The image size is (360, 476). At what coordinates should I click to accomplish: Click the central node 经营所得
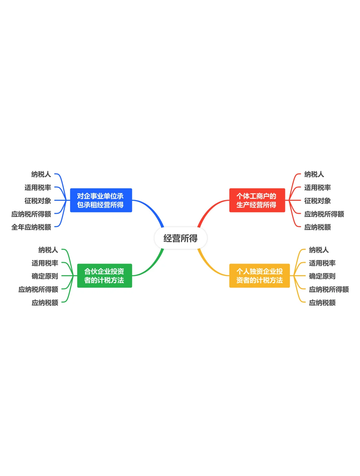(x=180, y=238)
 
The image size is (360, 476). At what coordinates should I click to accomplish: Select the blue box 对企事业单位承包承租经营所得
(x=101, y=200)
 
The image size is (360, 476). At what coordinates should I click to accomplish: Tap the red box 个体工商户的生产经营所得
(x=257, y=200)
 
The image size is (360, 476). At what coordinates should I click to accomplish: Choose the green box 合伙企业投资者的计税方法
(x=104, y=276)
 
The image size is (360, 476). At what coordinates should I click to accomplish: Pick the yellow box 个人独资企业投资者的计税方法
(x=259, y=276)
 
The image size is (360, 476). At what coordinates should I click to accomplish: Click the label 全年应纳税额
(x=31, y=227)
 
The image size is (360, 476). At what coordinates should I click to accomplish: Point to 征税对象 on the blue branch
(x=38, y=201)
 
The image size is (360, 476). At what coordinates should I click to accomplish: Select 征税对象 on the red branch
(x=317, y=201)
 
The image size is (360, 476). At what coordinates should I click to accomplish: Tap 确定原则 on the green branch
(x=45, y=276)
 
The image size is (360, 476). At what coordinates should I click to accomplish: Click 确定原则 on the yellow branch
(x=322, y=276)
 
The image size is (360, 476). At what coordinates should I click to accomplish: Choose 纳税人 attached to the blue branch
(x=41, y=174)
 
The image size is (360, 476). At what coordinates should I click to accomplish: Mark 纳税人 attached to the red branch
(x=314, y=174)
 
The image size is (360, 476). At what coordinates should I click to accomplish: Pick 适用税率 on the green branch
(x=45, y=263)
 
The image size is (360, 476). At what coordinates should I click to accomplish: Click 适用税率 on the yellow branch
(x=322, y=263)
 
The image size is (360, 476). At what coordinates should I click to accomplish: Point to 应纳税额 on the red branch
(x=317, y=227)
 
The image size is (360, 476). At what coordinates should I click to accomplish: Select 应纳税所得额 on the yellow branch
(x=329, y=289)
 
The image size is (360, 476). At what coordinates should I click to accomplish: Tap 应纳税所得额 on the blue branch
(x=31, y=214)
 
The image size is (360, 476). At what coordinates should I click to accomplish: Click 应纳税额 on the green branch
(x=45, y=303)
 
